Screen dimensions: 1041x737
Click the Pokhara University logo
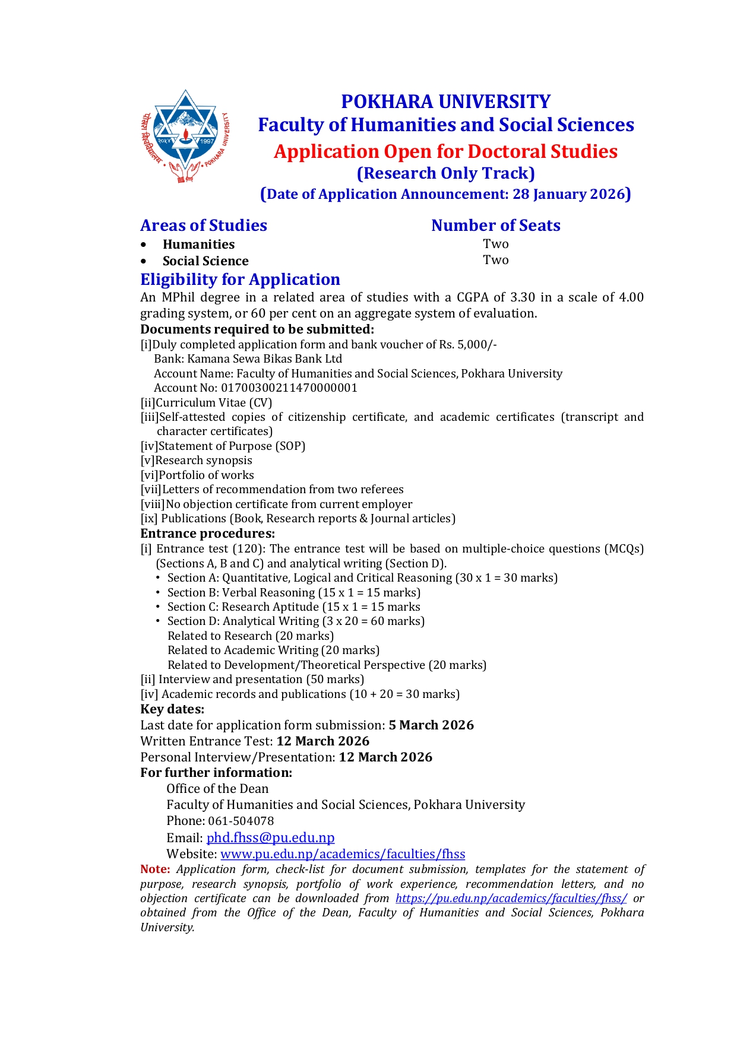click(186, 137)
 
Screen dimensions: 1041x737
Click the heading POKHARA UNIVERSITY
click(445, 101)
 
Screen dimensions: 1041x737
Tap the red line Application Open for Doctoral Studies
click(445, 151)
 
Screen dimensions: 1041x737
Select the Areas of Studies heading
click(204, 226)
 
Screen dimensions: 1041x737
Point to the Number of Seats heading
click(496, 226)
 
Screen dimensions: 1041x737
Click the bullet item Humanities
click(198, 245)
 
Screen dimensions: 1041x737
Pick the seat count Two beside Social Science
click(496, 260)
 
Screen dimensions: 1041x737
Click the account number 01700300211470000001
click(289, 388)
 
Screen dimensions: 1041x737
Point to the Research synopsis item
click(204, 461)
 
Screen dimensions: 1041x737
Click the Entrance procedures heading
click(208, 534)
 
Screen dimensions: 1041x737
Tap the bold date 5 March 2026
click(431, 725)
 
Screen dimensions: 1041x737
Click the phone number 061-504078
click(241, 821)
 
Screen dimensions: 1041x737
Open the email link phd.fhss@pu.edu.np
click(271, 838)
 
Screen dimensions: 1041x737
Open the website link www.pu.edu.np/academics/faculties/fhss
click(343, 854)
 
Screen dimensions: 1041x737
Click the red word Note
click(155, 869)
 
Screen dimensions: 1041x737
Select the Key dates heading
click(172, 709)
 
